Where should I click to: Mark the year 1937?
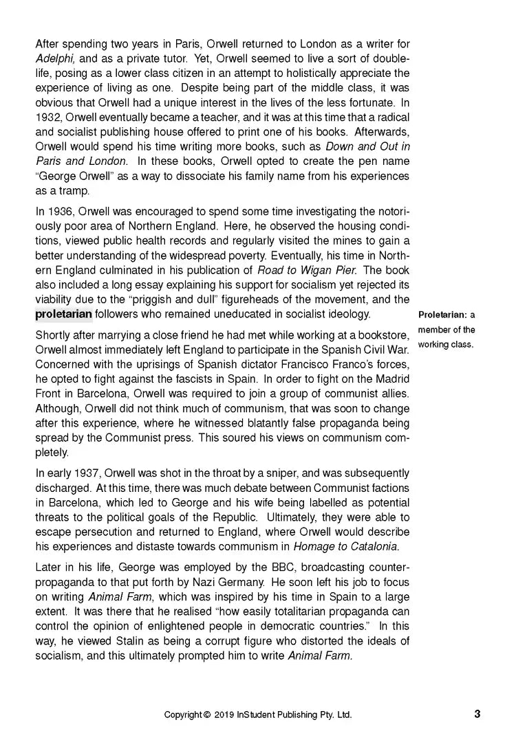click(x=78, y=473)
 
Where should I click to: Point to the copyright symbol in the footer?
click(x=206, y=715)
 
